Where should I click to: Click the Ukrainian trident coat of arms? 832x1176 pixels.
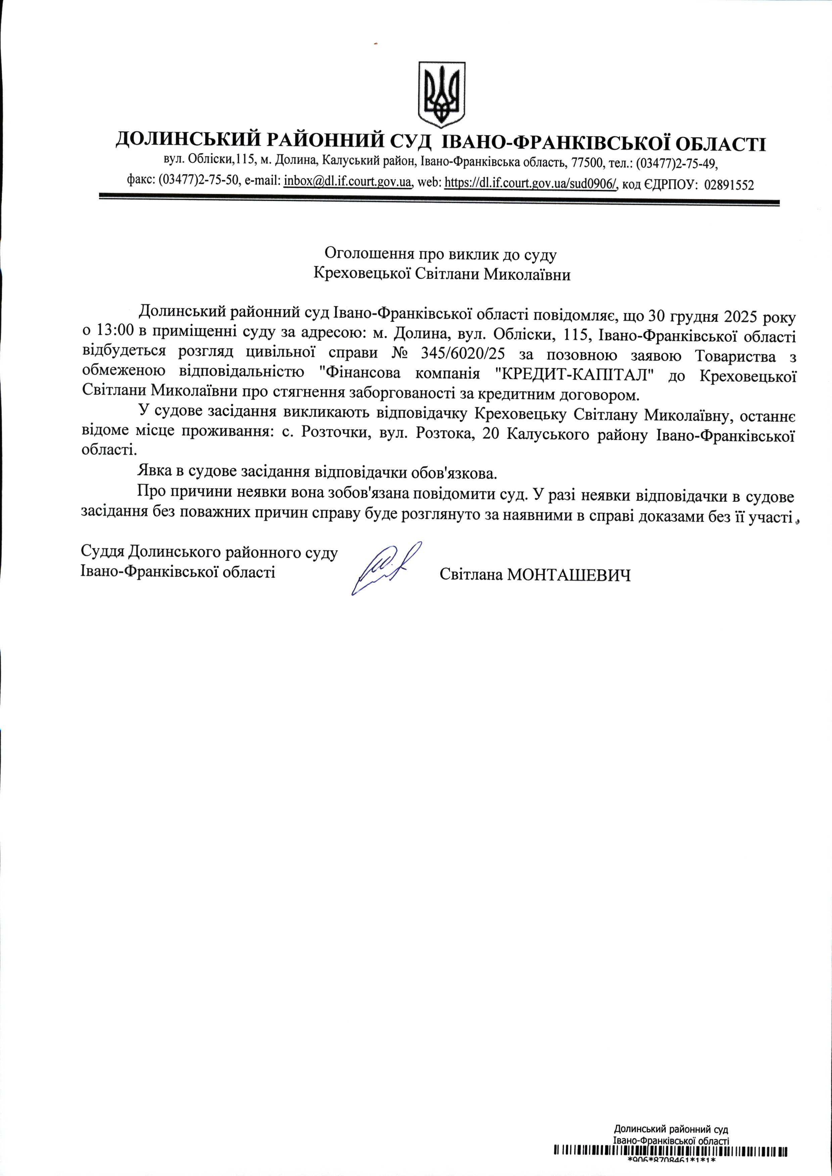(442, 94)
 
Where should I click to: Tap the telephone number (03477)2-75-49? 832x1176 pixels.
(677, 164)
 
